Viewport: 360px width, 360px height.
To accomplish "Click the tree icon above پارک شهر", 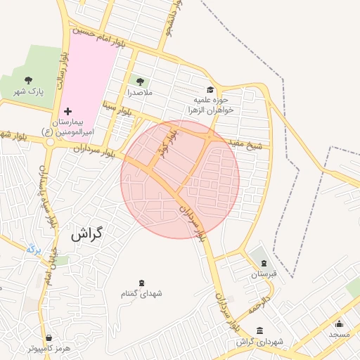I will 28,80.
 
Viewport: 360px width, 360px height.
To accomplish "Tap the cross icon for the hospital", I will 68,111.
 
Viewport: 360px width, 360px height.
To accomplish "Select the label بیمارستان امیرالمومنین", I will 69,126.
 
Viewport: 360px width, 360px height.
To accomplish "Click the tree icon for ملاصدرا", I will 139,82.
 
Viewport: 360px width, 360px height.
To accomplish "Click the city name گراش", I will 86,234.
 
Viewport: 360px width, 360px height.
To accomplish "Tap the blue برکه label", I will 34,248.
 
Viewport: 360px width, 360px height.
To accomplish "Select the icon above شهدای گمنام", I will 141,283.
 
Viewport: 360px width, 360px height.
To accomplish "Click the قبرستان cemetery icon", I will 264,263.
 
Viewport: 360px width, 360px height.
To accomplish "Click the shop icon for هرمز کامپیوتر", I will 49,337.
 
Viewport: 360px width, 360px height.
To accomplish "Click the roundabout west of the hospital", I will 50,141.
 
